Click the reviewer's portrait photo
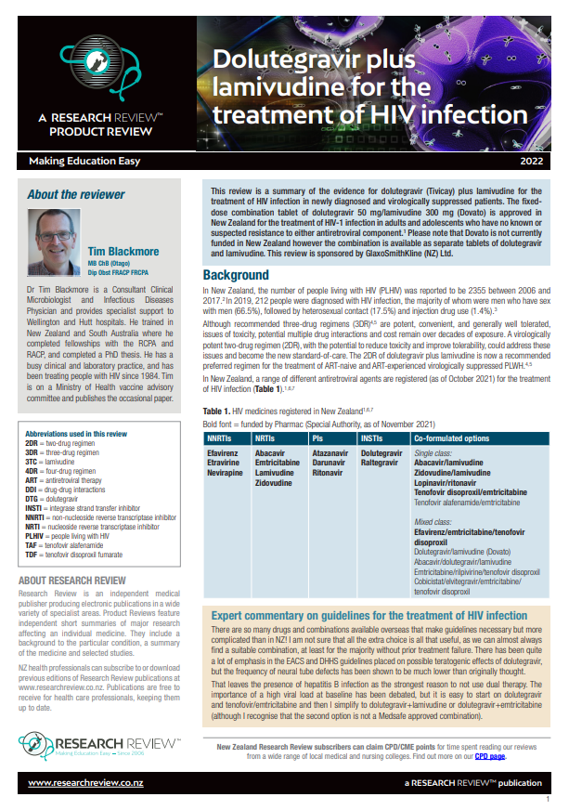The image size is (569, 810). [58, 244]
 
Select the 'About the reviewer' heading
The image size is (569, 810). [75, 194]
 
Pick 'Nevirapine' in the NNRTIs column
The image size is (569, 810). [225, 474]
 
